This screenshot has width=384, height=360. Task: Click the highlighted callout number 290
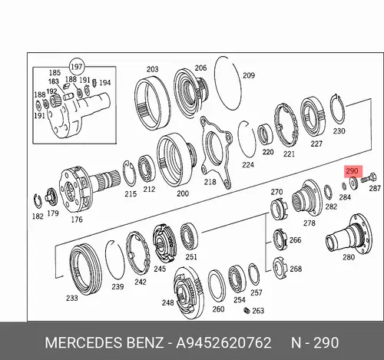tap(352, 170)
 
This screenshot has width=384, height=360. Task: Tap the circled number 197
tap(77, 67)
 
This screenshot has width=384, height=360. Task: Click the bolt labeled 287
tap(369, 178)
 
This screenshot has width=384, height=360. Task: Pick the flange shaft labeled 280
tap(349, 235)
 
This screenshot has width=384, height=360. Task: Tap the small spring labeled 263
tap(247, 311)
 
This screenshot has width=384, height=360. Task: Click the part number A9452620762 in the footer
tap(223, 342)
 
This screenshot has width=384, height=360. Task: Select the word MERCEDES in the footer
tap(84, 342)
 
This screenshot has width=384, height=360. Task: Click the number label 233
tap(71, 298)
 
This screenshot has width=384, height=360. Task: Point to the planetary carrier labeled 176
tap(88, 189)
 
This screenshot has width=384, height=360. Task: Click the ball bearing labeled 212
tap(147, 170)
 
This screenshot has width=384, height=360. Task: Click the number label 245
tap(160, 269)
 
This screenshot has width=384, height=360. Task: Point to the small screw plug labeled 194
tap(94, 83)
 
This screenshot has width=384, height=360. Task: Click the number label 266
tap(295, 240)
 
